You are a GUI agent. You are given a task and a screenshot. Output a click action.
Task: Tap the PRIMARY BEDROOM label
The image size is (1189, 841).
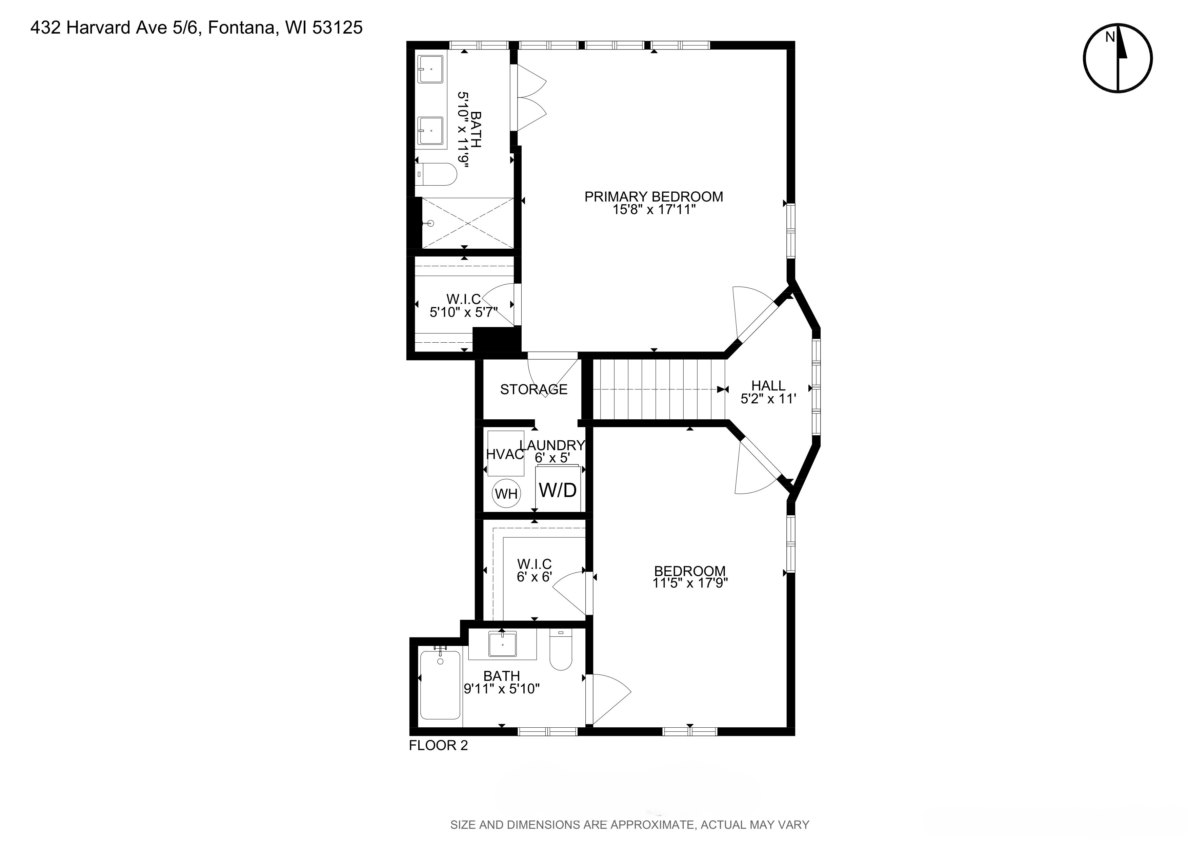[x=653, y=197]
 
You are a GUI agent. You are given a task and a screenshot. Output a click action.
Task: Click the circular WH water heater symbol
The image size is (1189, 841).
[x=506, y=493]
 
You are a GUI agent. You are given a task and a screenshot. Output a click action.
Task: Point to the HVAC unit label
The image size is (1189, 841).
[x=505, y=455]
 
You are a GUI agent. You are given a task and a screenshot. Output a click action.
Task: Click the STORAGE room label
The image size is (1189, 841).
[x=533, y=389]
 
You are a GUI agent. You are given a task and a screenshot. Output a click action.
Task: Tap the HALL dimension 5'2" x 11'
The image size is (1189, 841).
[x=768, y=399]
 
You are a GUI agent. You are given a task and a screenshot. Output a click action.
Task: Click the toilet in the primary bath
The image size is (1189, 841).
[x=437, y=174]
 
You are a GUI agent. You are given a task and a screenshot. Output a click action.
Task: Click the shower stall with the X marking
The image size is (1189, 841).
[x=468, y=223]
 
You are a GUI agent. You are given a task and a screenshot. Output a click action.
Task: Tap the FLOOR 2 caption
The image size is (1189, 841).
[x=438, y=745]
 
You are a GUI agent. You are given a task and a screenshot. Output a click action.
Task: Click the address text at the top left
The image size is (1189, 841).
[x=196, y=27]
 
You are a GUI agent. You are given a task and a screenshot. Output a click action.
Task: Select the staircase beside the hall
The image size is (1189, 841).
[x=658, y=389]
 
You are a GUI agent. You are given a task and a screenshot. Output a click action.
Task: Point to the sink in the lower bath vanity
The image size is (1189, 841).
[x=502, y=644]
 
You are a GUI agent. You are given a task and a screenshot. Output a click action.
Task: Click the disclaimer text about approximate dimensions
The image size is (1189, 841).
[x=629, y=824]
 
